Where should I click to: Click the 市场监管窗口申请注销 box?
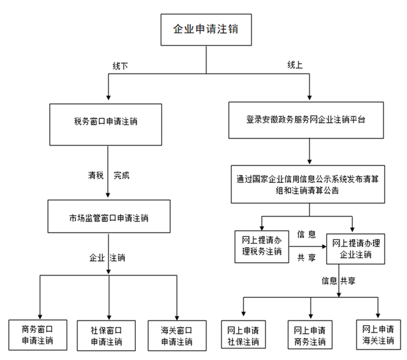[109, 217]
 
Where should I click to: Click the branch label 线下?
[120, 65]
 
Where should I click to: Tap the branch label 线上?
[295, 65]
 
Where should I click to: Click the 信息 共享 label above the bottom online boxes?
[339, 281]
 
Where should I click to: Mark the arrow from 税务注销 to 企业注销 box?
[306, 247]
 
